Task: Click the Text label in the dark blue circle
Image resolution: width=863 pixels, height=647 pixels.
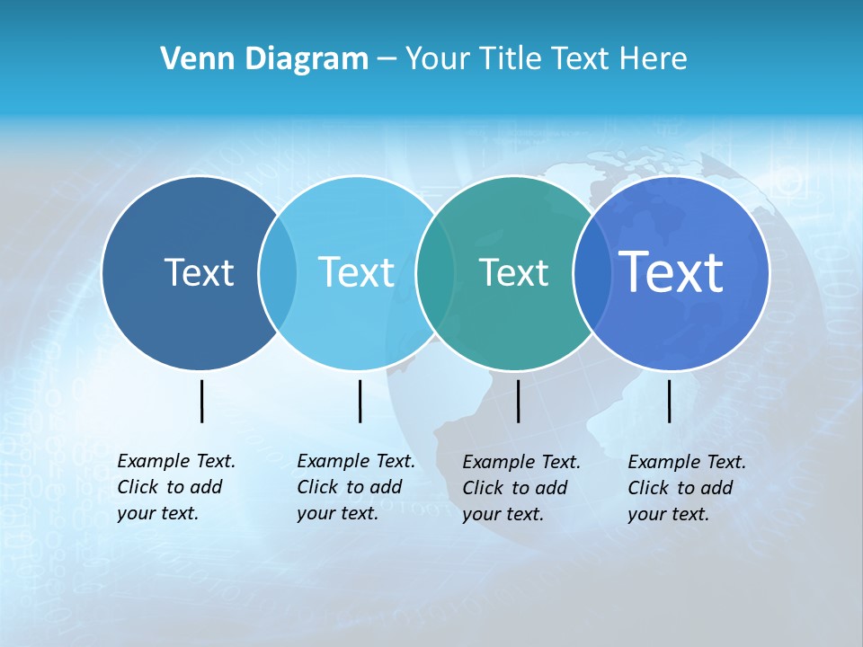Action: (x=199, y=272)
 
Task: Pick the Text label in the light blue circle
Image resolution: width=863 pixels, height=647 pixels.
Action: (x=356, y=272)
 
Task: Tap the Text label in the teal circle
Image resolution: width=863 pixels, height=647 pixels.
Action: (x=513, y=272)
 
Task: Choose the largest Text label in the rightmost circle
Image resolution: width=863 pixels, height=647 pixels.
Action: (x=672, y=271)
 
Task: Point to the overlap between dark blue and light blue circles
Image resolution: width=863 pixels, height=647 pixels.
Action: (x=278, y=272)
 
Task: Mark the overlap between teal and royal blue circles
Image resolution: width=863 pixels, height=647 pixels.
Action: (x=590, y=272)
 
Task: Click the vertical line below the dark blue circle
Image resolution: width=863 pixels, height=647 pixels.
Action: (x=202, y=401)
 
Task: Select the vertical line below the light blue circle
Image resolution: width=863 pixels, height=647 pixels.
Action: (x=360, y=401)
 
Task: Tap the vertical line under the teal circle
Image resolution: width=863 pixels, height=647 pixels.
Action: (x=518, y=401)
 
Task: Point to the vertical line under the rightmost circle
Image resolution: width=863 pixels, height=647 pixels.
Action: (x=670, y=401)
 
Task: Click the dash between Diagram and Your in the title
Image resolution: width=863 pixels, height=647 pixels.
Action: (x=387, y=60)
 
